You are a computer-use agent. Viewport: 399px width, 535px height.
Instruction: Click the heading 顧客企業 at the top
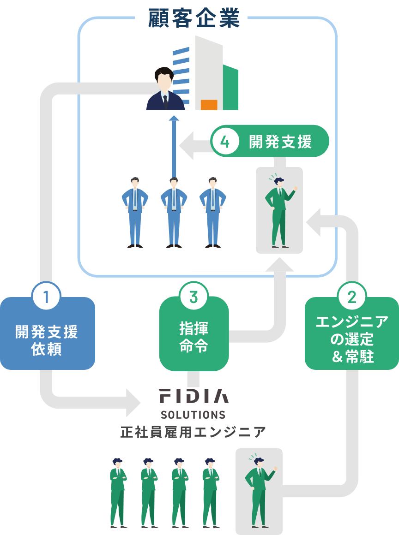coord(194,19)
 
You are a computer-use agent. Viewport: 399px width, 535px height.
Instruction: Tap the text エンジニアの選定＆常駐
coord(352,339)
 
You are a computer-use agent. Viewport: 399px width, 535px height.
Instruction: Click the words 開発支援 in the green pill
coord(280,142)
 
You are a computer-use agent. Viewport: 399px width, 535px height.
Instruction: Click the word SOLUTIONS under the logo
coord(193,414)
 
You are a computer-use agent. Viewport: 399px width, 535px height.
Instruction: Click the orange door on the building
coord(209,105)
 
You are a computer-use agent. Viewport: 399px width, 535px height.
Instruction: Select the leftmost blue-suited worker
coord(134,212)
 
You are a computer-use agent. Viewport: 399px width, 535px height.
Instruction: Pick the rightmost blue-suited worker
coord(212,212)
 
